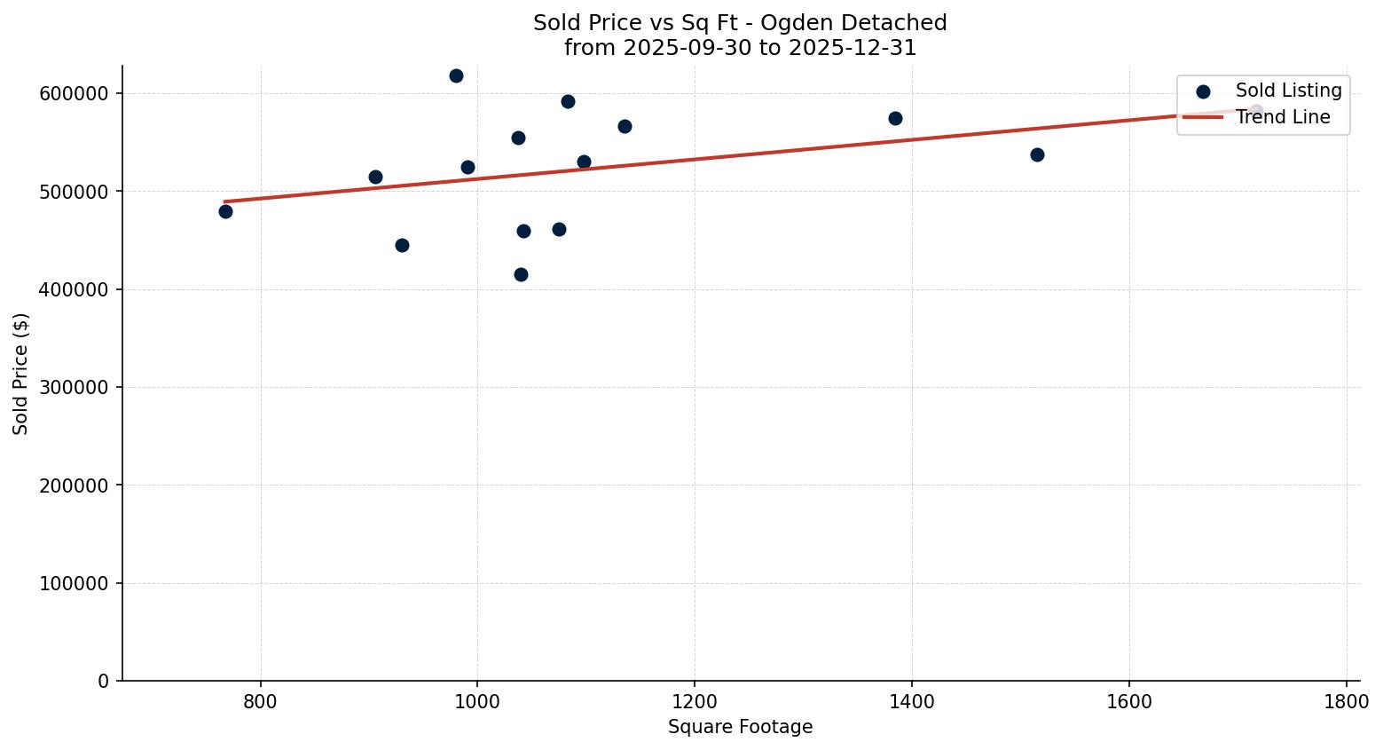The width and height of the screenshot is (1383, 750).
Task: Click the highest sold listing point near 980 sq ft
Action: pos(456,76)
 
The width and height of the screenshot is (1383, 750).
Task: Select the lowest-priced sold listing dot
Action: pos(521,275)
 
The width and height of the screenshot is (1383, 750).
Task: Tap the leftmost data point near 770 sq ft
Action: pos(225,211)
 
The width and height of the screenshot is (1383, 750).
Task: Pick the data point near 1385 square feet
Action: pos(895,119)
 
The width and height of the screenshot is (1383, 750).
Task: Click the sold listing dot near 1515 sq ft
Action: pos(1037,155)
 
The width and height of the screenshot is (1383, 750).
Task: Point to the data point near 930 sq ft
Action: pos(402,246)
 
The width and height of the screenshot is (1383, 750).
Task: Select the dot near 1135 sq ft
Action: pos(625,127)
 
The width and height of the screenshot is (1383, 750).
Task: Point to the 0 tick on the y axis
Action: pos(104,682)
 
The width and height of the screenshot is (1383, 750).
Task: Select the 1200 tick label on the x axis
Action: pos(695,701)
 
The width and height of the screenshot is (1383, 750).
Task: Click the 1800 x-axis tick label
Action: pos(1346,701)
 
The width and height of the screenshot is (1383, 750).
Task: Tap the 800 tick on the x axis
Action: pos(261,701)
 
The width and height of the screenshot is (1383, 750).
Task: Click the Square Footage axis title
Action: pos(740,728)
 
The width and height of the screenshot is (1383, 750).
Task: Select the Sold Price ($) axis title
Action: pos(21,374)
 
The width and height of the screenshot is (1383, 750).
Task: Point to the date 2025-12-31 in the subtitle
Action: pos(852,48)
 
